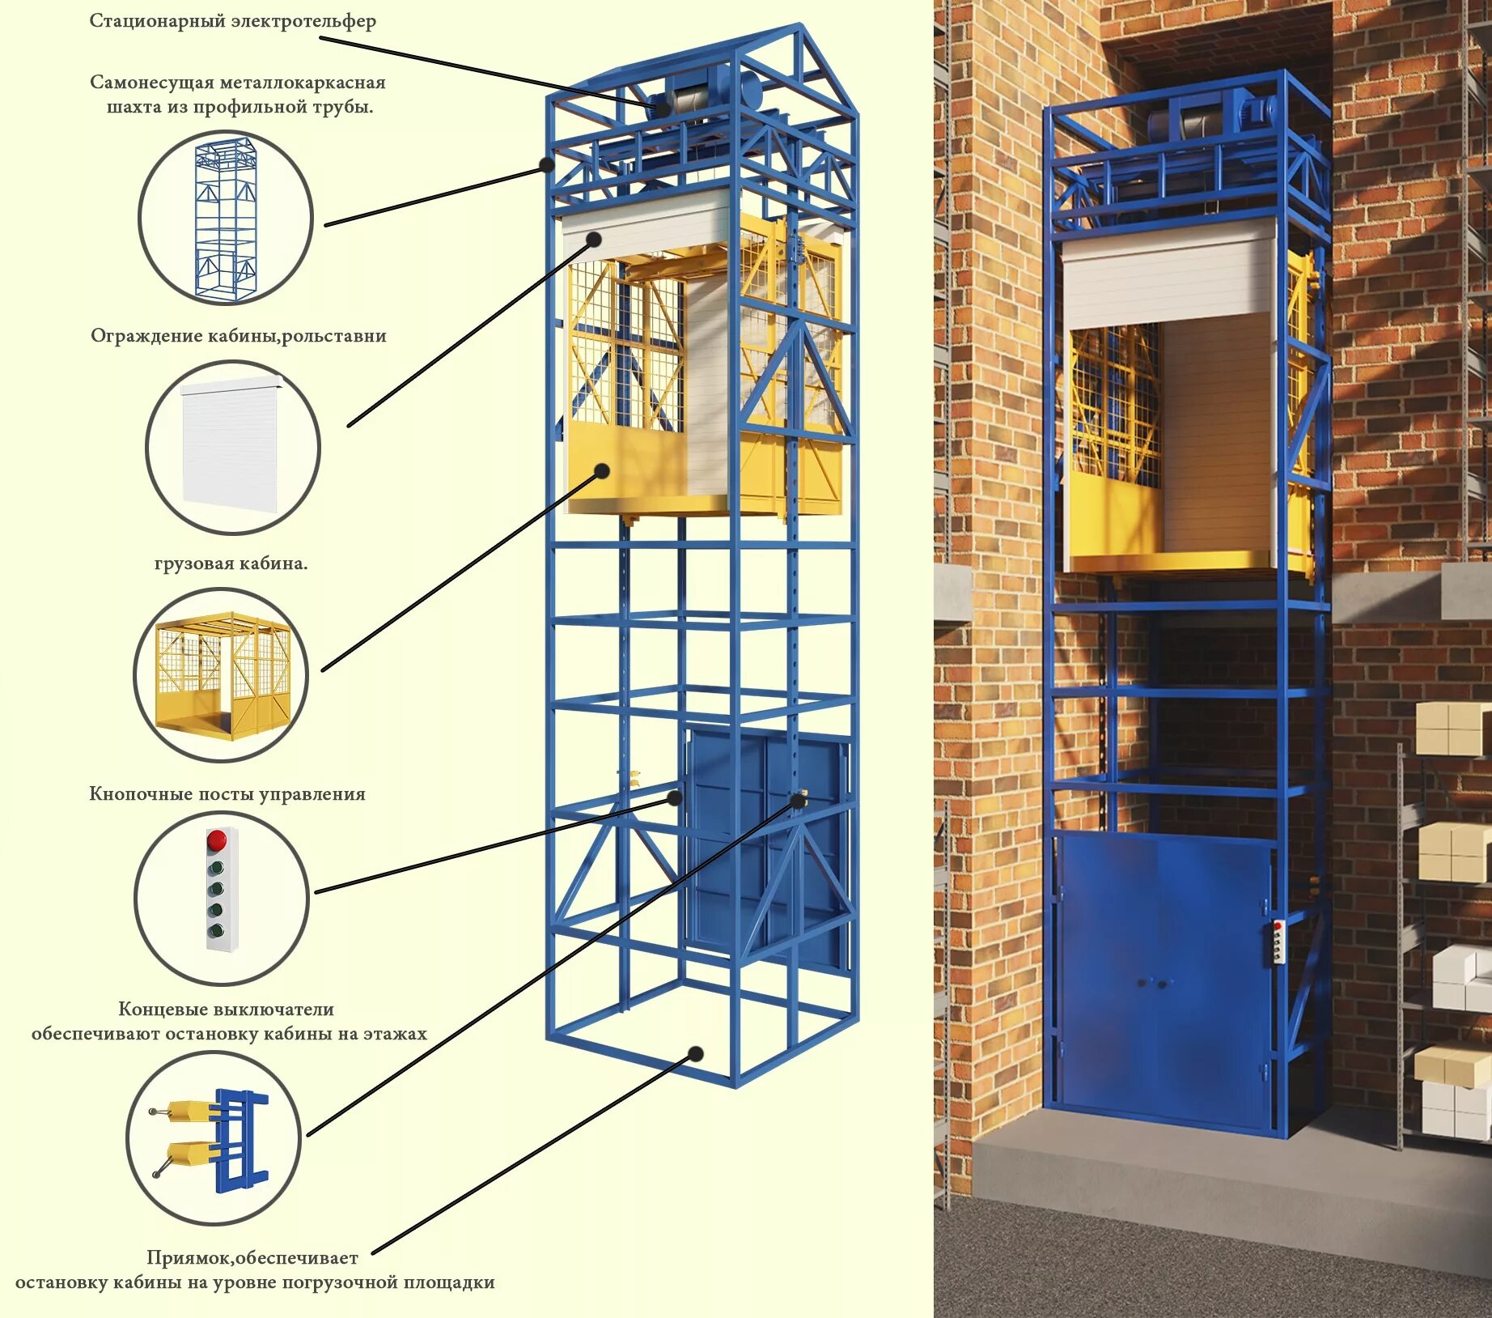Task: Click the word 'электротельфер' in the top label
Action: [303, 21]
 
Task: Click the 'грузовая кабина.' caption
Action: [231, 563]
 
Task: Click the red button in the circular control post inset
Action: [216, 840]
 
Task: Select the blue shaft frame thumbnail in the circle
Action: [225, 219]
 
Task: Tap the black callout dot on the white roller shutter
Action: [594, 239]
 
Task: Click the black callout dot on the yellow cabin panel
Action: [602, 470]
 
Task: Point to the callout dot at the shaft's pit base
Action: [695, 1054]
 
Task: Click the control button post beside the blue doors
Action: [1278, 942]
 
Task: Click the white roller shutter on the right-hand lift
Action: [1168, 275]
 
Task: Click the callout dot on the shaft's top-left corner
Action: [547, 164]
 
